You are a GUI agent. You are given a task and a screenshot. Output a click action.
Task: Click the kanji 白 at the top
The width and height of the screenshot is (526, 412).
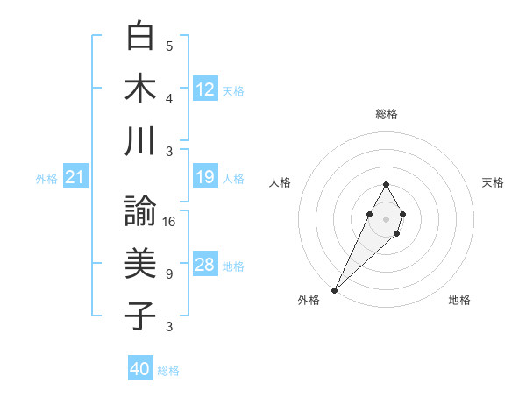[140, 37]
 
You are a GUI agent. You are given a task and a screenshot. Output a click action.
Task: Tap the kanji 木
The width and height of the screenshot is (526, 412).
[140, 89]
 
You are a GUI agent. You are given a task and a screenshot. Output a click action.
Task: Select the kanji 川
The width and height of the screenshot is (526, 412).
[140, 142]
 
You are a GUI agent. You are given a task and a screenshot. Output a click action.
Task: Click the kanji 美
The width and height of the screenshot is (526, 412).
[140, 265]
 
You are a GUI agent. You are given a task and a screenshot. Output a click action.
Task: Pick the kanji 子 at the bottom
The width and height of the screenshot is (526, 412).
[140, 316]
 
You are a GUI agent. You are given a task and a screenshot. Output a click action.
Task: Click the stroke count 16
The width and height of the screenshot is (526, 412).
[170, 221]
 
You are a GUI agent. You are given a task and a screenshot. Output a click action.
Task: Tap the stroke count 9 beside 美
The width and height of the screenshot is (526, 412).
[169, 274]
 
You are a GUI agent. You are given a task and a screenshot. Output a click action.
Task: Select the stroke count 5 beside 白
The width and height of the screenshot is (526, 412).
[169, 46]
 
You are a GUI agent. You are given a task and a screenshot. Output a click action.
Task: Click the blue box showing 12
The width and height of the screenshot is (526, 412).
[205, 89]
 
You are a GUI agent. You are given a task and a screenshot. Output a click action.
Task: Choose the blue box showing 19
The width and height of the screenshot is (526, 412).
[205, 177]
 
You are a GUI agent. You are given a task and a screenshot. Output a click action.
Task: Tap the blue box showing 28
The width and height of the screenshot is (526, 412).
[205, 265]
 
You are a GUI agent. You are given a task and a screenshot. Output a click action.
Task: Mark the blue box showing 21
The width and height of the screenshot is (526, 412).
[75, 177]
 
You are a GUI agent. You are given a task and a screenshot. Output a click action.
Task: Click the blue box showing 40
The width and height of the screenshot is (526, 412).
[140, 369]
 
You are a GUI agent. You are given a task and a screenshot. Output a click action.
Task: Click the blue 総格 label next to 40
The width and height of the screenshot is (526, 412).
[168, 371]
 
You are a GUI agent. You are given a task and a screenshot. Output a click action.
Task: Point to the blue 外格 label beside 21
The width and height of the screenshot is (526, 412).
[46, 179]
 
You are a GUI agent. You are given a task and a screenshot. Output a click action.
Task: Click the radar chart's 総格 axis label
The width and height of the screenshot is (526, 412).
[387, 114]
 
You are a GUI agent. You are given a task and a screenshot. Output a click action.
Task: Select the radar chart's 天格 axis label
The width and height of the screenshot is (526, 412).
[493, 182]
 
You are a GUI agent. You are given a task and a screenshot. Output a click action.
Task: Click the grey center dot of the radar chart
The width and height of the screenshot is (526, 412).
[386, 218]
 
